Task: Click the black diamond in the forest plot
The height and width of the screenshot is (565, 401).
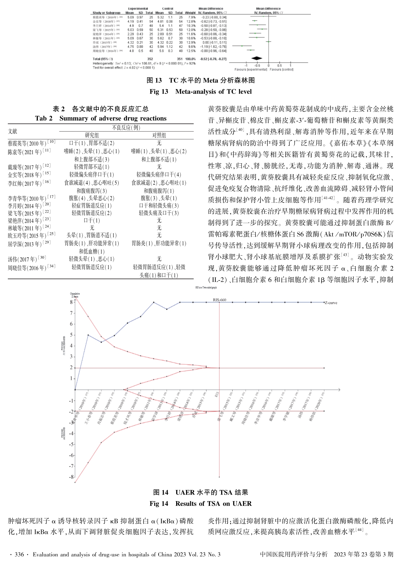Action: (x=257, y=59)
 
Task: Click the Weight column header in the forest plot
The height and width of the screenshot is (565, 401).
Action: (x=190, y=13)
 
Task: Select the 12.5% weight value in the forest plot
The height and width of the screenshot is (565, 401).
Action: (x=191, y=51)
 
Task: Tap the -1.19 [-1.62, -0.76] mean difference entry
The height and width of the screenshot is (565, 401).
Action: (x=213, y=47)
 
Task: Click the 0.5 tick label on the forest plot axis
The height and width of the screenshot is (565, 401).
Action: (x=279, y=66)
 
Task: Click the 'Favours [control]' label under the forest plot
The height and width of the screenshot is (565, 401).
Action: (x=281, y=70)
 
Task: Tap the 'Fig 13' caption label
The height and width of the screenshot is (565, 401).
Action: (x=159, y=92)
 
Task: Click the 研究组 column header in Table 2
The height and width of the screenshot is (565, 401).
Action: (x=92, y=135)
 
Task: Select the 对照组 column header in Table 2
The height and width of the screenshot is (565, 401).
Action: (x=159, y=135)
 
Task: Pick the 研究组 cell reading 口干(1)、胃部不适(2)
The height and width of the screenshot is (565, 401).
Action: (x=92, y=143)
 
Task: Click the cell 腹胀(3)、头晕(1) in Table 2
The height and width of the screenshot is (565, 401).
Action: (x=159, y=198)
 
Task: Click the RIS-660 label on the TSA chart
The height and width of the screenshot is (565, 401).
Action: (x=219, y=300)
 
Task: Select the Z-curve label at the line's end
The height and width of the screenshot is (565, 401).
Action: (x=331, y=303)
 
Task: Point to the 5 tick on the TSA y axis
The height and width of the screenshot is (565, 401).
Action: (x=71, y=335)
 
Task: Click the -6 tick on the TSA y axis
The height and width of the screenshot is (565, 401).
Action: (x=71, y=455)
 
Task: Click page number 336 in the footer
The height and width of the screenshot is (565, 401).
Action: (x=19, y=554)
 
